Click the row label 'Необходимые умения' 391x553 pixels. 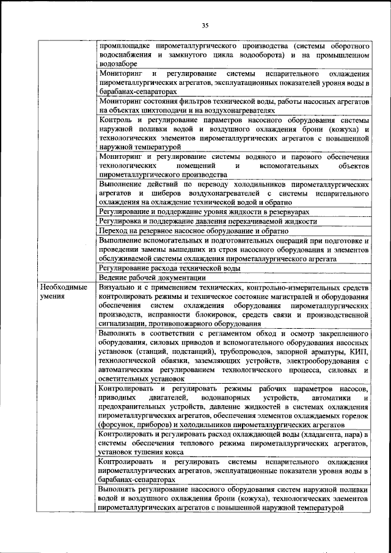pyautogui.click(x=62, y=291)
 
